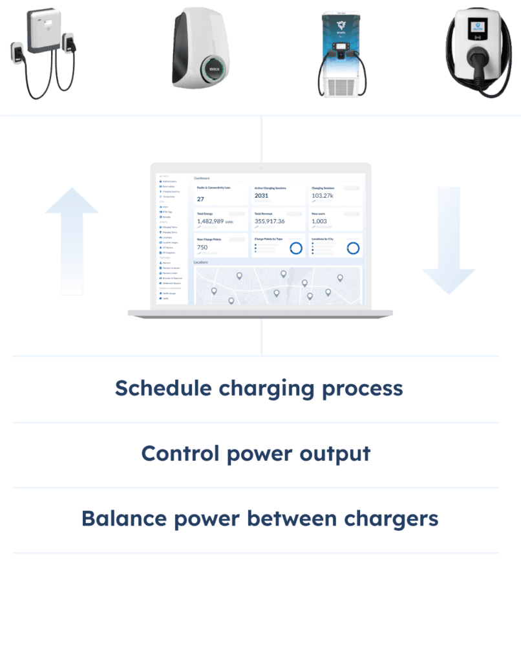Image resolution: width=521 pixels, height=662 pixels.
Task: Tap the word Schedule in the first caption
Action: click(164, 389)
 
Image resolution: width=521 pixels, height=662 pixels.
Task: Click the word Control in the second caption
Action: click(180, 453)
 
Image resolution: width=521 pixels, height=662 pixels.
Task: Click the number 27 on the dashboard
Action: click(200, 199)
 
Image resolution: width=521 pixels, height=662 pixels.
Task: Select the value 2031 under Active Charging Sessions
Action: click(261, 195)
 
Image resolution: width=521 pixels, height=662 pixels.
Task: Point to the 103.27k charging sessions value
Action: click(322, 195)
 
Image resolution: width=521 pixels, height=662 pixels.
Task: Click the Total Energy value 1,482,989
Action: click(210, 221)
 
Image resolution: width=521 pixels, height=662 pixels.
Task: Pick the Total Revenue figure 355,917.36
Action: click(270, 221)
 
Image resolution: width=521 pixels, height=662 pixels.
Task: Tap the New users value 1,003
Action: click(319, 221)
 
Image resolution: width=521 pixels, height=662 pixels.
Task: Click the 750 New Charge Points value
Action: click(202, 247)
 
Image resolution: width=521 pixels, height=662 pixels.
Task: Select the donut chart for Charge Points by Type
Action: click(296, 248)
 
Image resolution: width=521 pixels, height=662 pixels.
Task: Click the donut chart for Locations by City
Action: click(353, 248)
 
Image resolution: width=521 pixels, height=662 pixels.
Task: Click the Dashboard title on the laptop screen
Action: click(202, 178)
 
